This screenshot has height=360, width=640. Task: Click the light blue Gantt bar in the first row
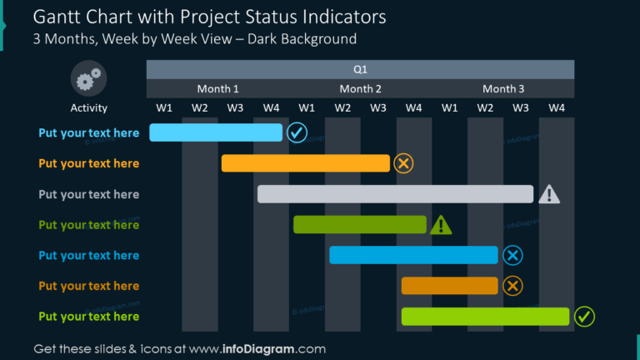click(x=215, y=132)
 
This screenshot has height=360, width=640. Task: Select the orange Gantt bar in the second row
click(x=305, y=163)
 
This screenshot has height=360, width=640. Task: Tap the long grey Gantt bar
click(x=395, y=194)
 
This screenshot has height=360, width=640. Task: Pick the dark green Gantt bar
click(x=359, y=224)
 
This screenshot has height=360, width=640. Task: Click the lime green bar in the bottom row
click(x=485, y=317)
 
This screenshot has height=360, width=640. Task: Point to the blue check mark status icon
click(x=296, y=132)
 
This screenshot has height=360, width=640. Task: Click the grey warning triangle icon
click(x=549, y=195)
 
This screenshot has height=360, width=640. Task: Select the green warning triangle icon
click(x=441, y=224)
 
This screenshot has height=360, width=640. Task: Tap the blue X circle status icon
click(x=512, y=255)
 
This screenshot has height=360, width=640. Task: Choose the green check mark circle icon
click(x=585, y=317)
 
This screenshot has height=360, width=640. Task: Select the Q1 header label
click(x=360, y=70)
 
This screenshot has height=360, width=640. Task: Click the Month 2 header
click(x=360, y=89)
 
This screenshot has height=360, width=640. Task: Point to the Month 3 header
click(x=503, y=89)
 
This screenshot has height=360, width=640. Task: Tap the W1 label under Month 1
click(x=164, y=107)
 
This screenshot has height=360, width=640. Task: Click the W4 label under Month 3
click(x=557, y=107)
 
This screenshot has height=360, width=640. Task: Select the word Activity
click(x=88, y=107)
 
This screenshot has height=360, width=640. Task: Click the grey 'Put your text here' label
click(x=88, y=194)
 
